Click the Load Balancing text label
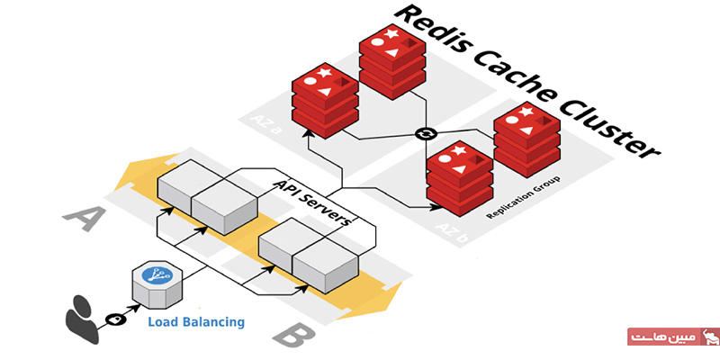click(x=196, y=320)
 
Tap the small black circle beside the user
click(x=114, y=319)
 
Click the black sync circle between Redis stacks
click(x=426, y=134)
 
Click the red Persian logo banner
click(x=670, y=337)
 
